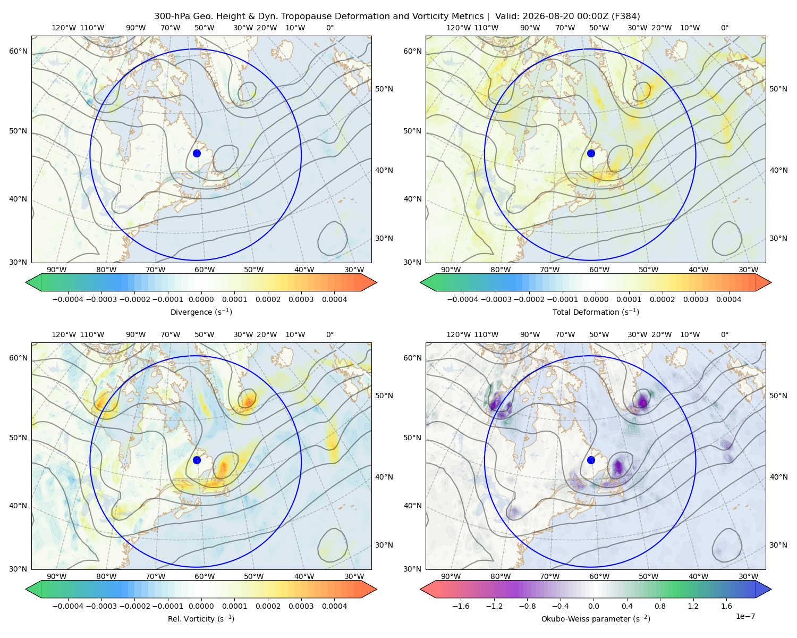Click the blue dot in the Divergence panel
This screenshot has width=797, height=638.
[x=197, y=153]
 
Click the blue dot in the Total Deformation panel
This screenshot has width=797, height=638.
[x=591, y=153]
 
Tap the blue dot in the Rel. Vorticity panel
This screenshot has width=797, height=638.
[x=197, y=460]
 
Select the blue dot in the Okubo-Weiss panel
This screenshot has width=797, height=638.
[x=591, y=460]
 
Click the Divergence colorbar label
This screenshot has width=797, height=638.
[x=201, y=312]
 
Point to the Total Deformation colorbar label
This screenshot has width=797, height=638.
[x=596, y=312]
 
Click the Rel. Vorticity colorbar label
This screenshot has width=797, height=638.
[x=201, y=618]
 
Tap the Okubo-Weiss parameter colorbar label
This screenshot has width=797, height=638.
[x=596, y=618]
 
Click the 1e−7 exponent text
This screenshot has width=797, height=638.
[x=745, y=616]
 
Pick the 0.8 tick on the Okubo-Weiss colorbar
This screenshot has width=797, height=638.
[x=660, y=606]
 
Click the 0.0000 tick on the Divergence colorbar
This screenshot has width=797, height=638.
[x=201, y=299]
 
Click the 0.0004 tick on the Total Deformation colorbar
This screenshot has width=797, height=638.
[x=728, y=299]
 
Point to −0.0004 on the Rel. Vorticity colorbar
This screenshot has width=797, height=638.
[x=68, y=606]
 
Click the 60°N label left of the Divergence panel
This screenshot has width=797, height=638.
[x=18, y=51]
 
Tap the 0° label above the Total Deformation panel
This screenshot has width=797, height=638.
[x=724, y=28]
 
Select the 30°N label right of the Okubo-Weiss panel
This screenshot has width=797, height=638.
[x=778, y=544]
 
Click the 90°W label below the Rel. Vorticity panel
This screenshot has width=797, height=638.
[x=57, y=576]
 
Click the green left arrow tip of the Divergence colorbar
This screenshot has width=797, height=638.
[x=26, y=282]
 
